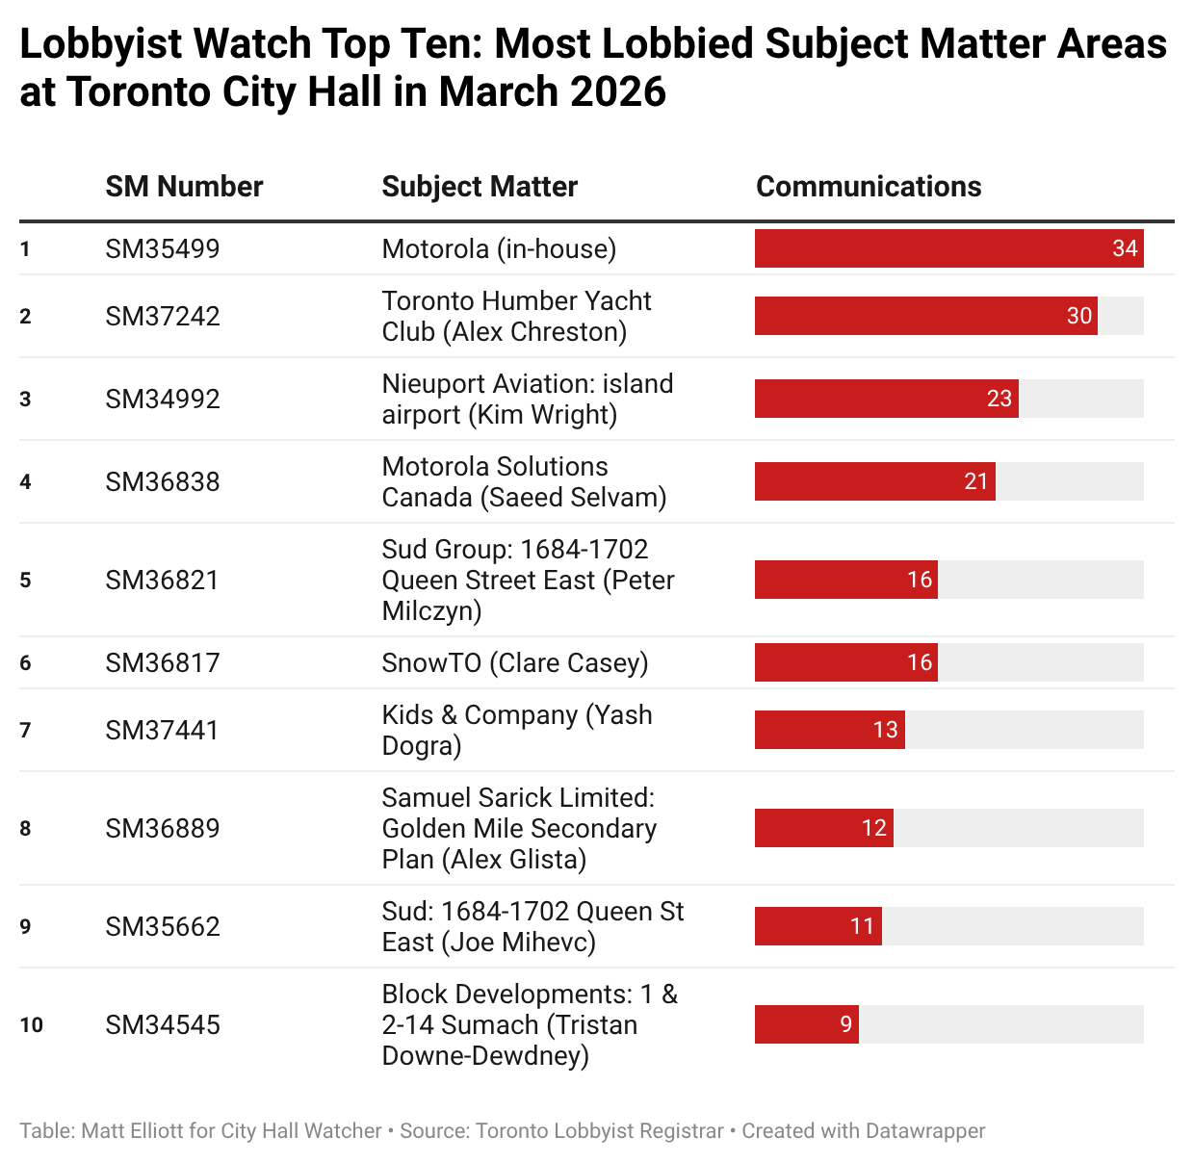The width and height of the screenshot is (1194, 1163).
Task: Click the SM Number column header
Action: [184, 187]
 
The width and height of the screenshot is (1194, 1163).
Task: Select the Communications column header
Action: [869, 187]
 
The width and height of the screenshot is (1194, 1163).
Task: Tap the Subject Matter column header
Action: [480, 187]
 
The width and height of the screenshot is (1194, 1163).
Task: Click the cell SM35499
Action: [163, 249]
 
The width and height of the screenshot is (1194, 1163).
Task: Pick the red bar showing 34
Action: [948, 248]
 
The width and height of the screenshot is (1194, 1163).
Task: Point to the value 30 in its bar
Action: [1079, 316]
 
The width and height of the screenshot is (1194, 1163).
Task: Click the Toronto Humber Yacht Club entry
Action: [517, 316]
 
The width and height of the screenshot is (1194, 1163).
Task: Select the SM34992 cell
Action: [163, 400]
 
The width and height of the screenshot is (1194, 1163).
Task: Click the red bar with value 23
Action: [886, 399]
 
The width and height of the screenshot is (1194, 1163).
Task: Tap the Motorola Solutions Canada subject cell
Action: [525, 481]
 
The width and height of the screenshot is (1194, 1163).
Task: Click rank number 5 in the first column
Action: [26, 581]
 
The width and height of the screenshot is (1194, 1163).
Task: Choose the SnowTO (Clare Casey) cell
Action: [515, 663]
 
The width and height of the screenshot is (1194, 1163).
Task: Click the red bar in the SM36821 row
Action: [845, 580]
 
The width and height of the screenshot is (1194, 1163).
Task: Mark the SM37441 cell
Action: [163, 731]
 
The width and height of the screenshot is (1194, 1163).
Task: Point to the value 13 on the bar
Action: [885, 730]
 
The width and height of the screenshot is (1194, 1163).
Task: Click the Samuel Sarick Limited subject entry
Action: [520, 828]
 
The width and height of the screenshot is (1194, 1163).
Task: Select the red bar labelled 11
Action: [818, 926]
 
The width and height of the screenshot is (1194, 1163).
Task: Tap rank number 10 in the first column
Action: [32, 1025]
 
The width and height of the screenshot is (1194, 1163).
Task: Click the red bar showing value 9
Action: [806, 1024]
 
